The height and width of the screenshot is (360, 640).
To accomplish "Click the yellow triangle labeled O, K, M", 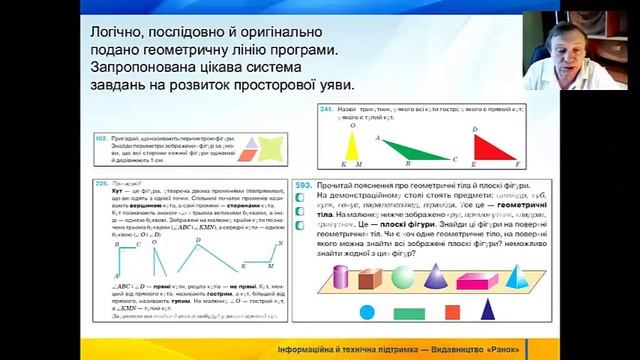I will [x=351, y=145].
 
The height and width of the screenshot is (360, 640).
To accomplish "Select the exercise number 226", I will [x=102, y=185].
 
